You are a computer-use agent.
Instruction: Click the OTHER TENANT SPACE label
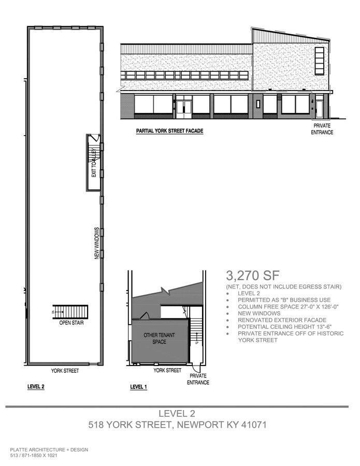pyautogui.click(x=159, y=339)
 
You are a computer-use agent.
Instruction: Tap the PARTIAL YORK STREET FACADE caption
pyautogui.click(x=169, y=132)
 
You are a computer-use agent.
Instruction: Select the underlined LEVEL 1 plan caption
pyautogui.click(x=139, y=387)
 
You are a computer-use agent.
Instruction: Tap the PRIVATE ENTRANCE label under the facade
pyautogui.click(x=322, y=129)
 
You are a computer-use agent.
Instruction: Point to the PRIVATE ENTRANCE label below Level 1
pyautogui.click(x=198, y=380)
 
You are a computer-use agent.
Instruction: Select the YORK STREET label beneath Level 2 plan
pyautogui.click(x=65, y=371)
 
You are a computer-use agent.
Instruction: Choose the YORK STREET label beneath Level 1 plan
pyautogui.click(x=167, y=370)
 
